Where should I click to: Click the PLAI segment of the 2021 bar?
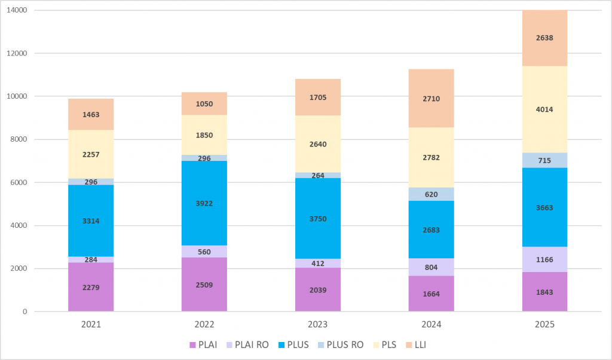pos(91,287)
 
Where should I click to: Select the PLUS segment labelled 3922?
pos(204,203)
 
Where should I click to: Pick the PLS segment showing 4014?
pos(544,109)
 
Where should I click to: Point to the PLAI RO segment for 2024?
pos(432,267)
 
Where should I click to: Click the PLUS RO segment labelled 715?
pos(544,161)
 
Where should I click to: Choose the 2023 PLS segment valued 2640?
pos(318,144)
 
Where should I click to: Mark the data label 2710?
pos(432,99)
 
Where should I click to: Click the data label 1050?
pos(204,104)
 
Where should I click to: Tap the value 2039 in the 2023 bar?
pos(318,290)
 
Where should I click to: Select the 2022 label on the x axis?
pos(204,325)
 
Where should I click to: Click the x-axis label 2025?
pos(544,325)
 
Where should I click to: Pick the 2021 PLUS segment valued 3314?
pos(91,221)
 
